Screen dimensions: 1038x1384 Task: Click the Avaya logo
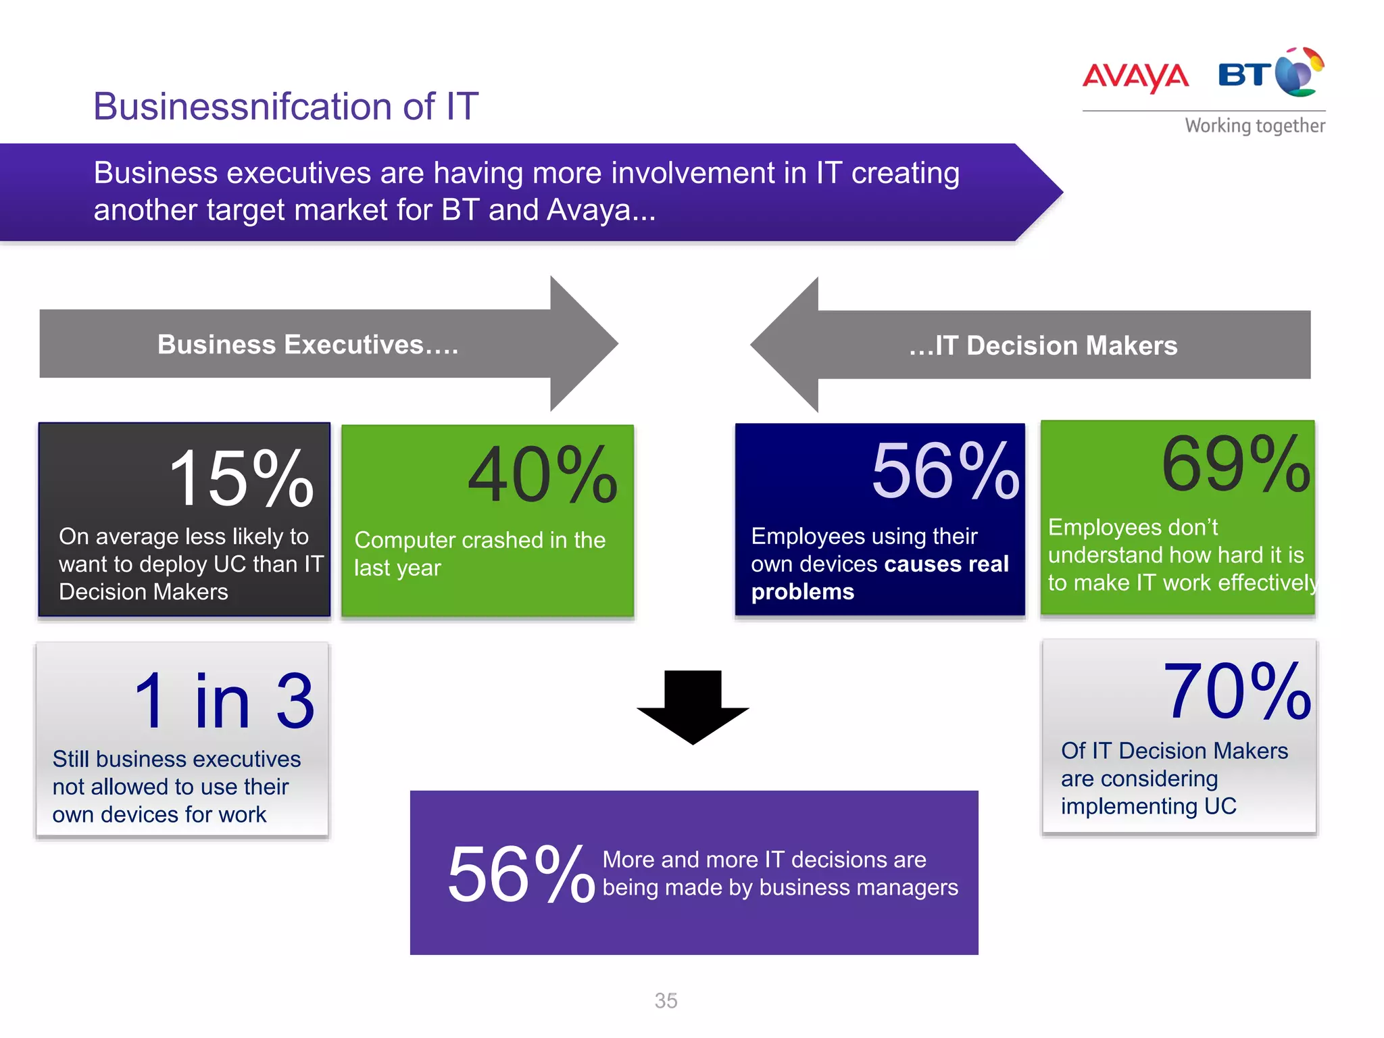click(x=1135, y=76)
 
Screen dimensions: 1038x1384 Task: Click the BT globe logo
click(x=1299, y=73)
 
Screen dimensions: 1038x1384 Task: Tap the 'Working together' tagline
click(x=1254, y=126)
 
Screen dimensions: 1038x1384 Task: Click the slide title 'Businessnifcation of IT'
click(x=286, y=106)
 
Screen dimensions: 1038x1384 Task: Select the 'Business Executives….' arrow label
click(x=307, y=345)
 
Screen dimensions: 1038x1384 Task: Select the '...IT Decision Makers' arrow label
click(x=1043, y=345)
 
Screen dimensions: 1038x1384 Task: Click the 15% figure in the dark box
click(x=241, y=478)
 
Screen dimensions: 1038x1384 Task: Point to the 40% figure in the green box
click(x=542, y=475)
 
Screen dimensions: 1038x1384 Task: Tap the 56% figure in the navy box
click(x=945, y=470)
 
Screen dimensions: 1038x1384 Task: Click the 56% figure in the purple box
click(x=520, y=874)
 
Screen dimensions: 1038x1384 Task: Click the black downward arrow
click(x=693, y=706)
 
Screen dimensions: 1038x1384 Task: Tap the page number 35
click(x=666, y=1001)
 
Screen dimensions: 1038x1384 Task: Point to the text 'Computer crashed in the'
click(x=480, y=540)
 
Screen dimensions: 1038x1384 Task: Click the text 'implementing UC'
click(x=1148, y=806)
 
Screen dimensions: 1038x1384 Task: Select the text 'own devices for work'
click(x=159, y=814)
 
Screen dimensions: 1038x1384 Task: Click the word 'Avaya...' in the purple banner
click(x=601, y=210)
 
